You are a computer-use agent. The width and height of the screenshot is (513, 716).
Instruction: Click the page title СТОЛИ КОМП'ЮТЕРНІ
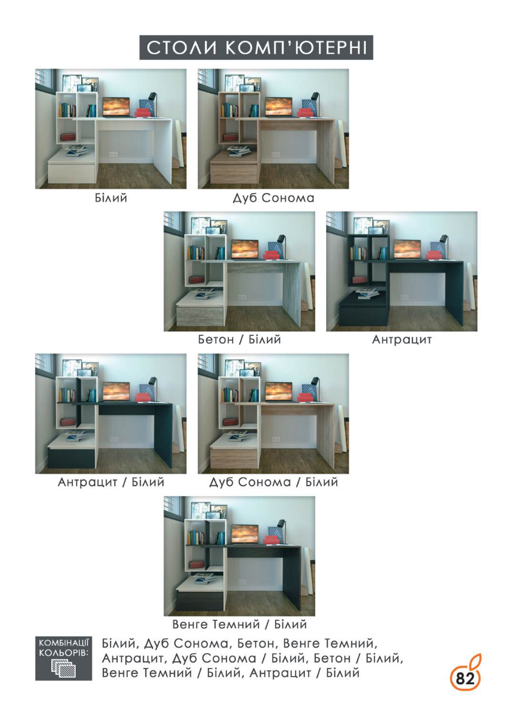click(256, 48)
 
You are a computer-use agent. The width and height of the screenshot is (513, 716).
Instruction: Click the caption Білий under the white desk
click(111, 198)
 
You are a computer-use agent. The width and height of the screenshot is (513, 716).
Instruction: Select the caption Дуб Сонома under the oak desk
click(273, 198)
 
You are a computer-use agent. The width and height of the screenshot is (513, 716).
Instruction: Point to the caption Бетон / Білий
click(239, 340)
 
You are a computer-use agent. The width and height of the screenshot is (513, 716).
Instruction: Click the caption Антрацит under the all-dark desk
click(402, 340)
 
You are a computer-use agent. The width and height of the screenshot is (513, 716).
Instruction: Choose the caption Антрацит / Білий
click(111, 482)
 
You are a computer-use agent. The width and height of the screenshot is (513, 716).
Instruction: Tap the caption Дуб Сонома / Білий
click(273, 482)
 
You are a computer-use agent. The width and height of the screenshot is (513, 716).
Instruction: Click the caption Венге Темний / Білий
click(239, 624)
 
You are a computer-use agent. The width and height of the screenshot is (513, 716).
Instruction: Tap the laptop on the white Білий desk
click(116, 107)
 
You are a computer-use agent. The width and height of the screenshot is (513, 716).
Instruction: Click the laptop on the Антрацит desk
click(407, 249)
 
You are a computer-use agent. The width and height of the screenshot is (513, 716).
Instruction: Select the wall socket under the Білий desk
click(113, 154)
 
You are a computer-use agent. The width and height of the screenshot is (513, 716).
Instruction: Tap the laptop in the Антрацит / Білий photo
click(116, 392)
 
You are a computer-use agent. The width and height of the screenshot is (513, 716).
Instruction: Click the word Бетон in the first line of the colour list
click(255, 644)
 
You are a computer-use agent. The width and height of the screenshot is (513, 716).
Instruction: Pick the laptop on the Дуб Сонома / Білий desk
click(278, 392)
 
